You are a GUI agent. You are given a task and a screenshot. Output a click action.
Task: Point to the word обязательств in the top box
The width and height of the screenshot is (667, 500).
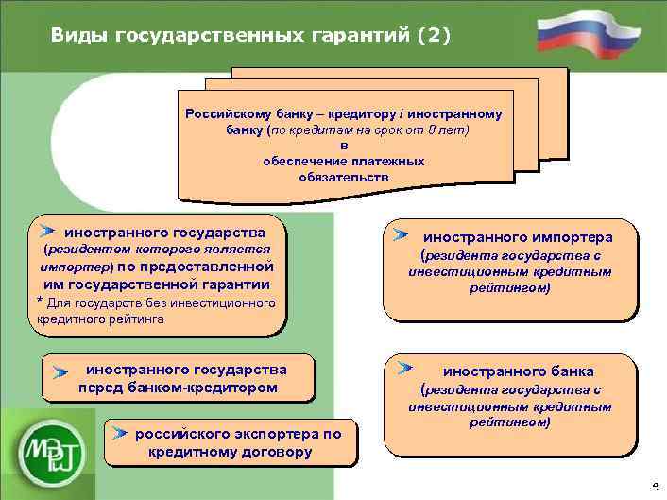(344, 177)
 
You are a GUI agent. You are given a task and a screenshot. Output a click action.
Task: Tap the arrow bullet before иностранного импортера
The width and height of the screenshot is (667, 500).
(402, 233)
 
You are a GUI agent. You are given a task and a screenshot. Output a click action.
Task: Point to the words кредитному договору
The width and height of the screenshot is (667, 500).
(231, 452)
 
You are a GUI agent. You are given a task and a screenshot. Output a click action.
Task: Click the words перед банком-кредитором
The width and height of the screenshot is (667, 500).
(178, 387)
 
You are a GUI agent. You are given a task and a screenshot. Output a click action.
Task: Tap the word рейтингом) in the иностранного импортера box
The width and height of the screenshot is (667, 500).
(509, 287)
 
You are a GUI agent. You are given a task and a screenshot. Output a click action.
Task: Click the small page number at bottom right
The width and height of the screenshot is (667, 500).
(656, 486)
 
